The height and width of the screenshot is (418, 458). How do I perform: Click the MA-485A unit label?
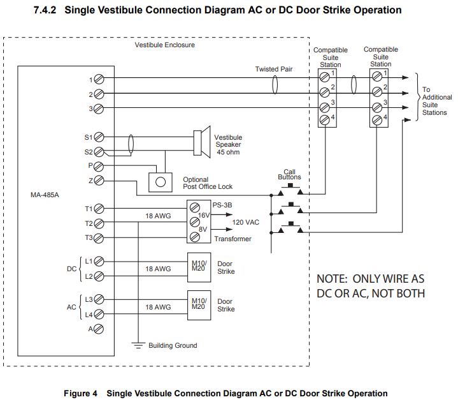point(45,195)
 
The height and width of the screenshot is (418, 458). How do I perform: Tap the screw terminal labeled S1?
point(99,137)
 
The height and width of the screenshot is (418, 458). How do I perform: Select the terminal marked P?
point(99,166)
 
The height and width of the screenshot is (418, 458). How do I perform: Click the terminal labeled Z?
point(99,181)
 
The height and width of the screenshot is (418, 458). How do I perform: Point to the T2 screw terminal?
point(99,223)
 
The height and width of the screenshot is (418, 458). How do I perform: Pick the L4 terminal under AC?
point(99,315)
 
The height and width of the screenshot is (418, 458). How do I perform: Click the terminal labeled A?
point(99,329)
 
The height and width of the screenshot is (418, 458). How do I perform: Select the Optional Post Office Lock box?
point(161,182)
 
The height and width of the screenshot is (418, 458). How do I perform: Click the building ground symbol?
point(138,345)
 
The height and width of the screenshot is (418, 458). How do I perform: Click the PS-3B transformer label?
point(222,205)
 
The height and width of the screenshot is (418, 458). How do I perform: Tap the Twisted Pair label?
point(274,69)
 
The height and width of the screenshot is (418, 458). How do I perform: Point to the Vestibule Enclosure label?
point(164,45)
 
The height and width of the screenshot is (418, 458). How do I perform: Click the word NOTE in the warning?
point(331,280)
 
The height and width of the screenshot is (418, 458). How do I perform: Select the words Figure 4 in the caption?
point(80,393)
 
